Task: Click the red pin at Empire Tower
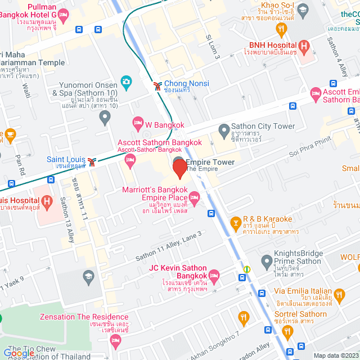pos(179,168)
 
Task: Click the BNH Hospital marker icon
pos(304,45)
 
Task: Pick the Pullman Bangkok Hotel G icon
pos(62,15)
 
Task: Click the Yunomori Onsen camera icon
pos(126,82)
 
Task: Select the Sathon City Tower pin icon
pos(224,132)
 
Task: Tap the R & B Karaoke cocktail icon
pos(235,224)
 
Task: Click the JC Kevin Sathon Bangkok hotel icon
pos(213,275)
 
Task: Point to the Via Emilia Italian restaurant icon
pos(339,294)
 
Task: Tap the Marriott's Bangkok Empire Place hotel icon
pos(195,196)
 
